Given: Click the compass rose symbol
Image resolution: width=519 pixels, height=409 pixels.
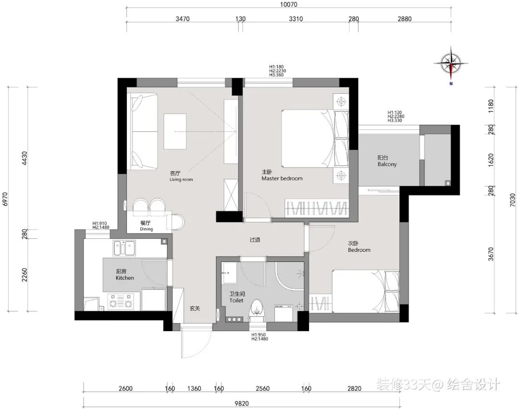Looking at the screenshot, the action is pyautogui.click(x=451, y=63).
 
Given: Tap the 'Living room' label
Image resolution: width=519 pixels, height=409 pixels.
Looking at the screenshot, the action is pyautogui.click(x=181, y=180).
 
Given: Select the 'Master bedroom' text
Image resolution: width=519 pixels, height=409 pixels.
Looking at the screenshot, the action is pyautogui.click(x=282, y=179).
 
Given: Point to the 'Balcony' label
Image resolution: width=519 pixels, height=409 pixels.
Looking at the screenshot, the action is pyautogui.click(x=387, y=164).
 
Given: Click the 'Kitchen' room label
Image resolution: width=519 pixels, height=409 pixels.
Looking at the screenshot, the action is pyautogui.click(x=125, y=278).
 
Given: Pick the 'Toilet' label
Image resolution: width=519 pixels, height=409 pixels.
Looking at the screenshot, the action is pyautogui.click(x=236, y=300).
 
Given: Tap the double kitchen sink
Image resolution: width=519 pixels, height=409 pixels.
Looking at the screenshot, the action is pyautogui.click(x=124, y=248).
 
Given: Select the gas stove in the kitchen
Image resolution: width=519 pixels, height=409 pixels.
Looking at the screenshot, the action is pyautogui.click(x=120, y=301).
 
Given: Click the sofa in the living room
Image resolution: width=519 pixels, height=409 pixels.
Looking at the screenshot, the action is pyautogui.click(x=144, y=131).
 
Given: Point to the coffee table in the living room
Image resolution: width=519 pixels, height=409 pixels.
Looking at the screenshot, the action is pyautogui.click(x=175, y=131).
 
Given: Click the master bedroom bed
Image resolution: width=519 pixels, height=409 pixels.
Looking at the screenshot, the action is pyautogui.click(x=315, y=138).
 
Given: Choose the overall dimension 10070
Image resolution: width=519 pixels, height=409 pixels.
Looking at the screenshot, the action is pyautogui.click(x=289, y=5).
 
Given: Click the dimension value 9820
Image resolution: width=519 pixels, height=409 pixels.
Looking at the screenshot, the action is pyautogui.click(x=242, y=403).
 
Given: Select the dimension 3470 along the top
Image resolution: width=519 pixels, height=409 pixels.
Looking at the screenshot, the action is pyautogui.click(x=183, y=19).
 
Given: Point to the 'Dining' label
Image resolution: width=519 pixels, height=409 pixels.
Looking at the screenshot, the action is pyautogui.click(x=146, y=229).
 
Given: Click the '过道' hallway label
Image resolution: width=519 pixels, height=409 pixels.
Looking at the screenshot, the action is pyautogui.click(x=255, y=239).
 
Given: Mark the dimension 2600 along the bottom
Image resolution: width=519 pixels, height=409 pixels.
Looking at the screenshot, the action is pyautogui.click(x=125, y=388).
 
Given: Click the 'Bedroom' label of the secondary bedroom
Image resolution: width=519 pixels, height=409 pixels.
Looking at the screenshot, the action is pyautogui.click(x=359, y=250).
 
